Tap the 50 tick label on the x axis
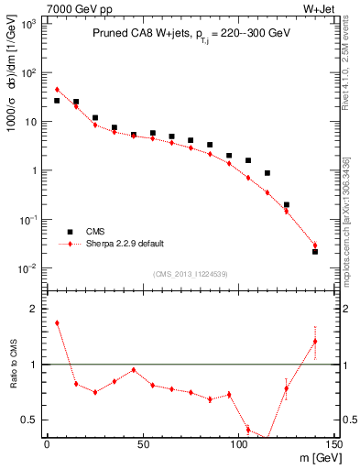tap(142, 444)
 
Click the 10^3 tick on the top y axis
tap(29, 24)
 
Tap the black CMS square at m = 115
tap(267, 173)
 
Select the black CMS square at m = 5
tap(57, 101)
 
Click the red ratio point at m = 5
tap(57, 322)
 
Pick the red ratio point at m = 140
tap(315, 342)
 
